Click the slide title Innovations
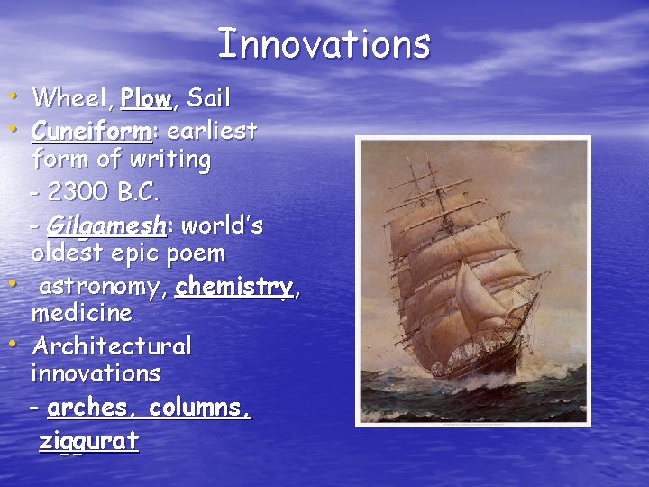pos(324,43)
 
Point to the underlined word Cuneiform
pos(90,131)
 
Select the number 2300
pos(81,193)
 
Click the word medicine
pos(81,314)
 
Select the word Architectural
pos(112,346)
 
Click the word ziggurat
pos(88,441)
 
